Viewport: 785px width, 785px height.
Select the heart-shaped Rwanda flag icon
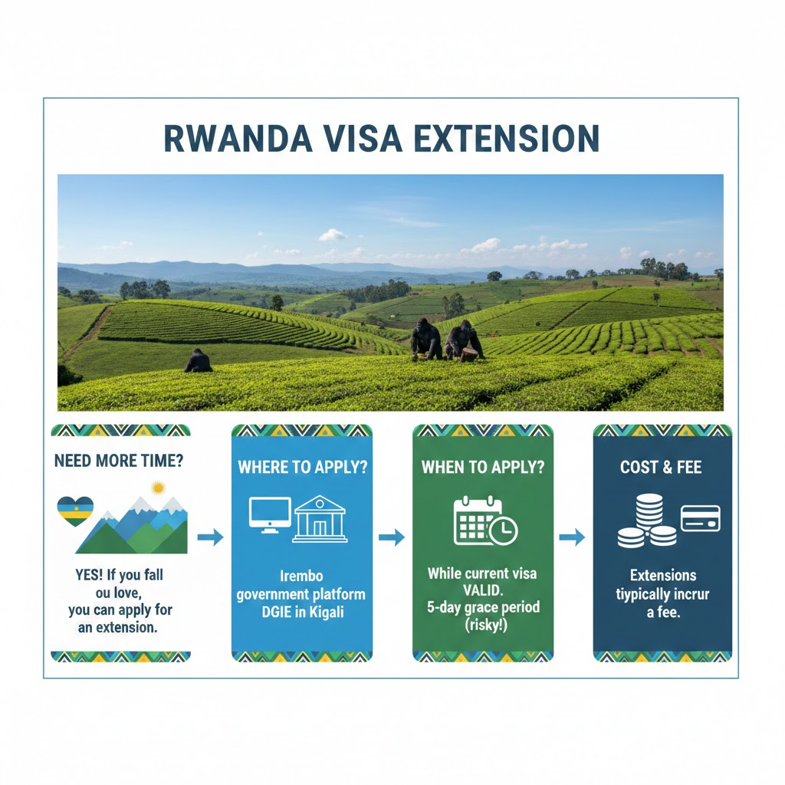click(x=75, y=511)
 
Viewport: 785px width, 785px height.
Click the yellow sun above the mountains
click(x=158, y=488)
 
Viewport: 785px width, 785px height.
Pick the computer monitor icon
click(x=271, y=515)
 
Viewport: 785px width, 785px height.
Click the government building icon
click(x=320, y=519)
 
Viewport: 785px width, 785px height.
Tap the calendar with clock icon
click(x=485, y=521)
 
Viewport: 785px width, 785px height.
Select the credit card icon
click(x=701, y=518)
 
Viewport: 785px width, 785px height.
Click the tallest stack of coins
click(x=649, y=511)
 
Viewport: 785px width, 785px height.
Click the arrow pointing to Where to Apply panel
click(x=210, y=537)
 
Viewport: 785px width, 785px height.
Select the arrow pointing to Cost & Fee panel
click(x=572, y=537)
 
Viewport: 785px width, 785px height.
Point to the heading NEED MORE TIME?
click(x=119, y=461)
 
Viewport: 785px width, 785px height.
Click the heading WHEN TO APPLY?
click(x=483, y=467)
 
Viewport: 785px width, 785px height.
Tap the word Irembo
click(x=301, y=576)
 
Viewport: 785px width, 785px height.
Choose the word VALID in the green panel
click(x=483, y=590)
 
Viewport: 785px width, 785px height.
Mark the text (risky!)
click(x=485, y=625)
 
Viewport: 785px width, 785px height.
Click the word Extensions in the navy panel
click(x=663, y=575)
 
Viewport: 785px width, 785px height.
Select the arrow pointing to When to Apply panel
click(x=392, y=537)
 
